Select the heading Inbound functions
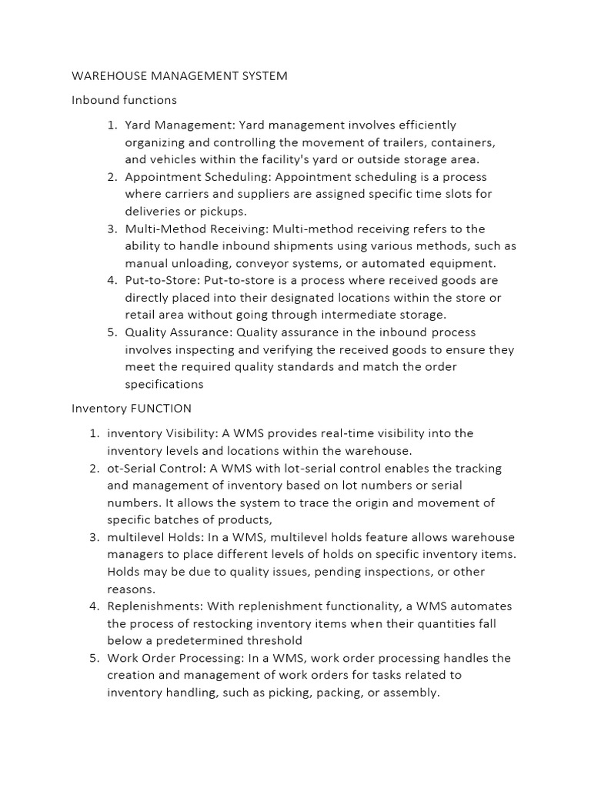click(124, 100)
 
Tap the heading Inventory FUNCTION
click(132, 409)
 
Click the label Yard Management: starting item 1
click(180, 125)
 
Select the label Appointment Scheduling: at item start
click(192, 177)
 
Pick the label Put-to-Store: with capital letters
click(163, 280)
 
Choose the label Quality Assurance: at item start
click(179, 332)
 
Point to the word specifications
click(165, 384)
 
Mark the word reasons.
click(131, 589)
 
